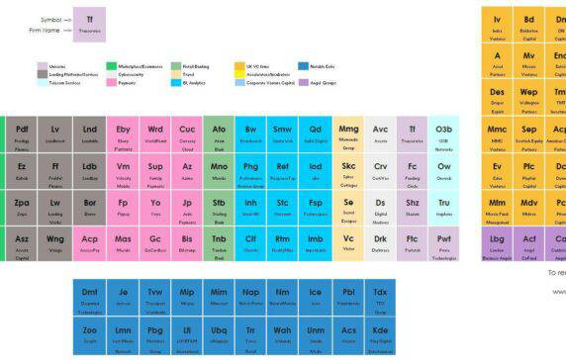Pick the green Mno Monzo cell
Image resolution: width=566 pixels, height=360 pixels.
(219, 170)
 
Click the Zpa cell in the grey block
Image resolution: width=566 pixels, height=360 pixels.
(23, 207)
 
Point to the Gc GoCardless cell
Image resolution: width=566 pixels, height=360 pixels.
(155, 242)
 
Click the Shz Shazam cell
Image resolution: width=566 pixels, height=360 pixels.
(413, 207)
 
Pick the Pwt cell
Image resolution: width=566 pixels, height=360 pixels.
(444, 242)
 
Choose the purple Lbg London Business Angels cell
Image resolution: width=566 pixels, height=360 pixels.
(497, 242)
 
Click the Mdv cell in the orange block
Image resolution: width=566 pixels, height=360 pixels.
(529, 207)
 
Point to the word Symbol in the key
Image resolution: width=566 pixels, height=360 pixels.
(52, 19)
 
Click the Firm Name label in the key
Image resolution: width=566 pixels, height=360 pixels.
(48, 30)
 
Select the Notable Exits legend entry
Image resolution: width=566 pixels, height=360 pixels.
(320, 65)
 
